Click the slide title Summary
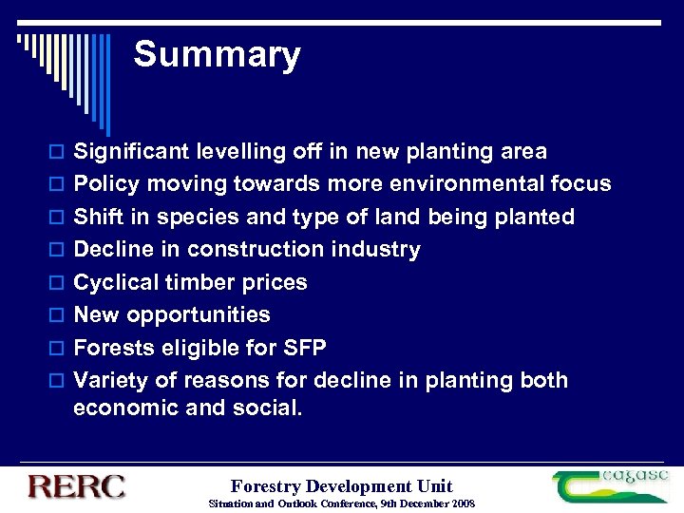pyautogui.click(x=217, y=55)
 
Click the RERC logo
pyautogui.click(x=76, y=486)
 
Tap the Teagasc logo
pyautogui.click(x=612, y=485)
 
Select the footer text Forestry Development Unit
pyautogui.click(x=342, y=486)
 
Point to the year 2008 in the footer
pyautogui.click(x=462, y=503)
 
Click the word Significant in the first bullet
pyautogui.click(x=132, y=152)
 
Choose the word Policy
pyautogui.click(x=104, y=183)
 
